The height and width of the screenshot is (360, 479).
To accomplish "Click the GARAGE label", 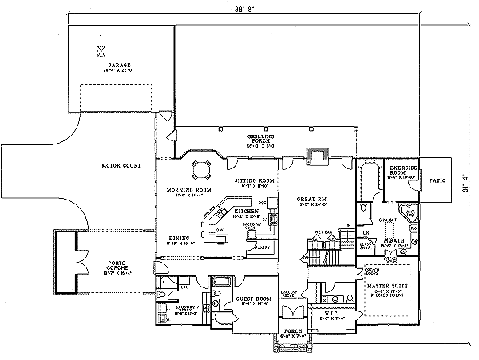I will (121, 65).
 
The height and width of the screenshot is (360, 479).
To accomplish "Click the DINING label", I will (179, 238).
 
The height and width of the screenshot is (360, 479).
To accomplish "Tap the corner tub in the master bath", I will (410, 213).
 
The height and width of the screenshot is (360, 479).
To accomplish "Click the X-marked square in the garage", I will (101, 50).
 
